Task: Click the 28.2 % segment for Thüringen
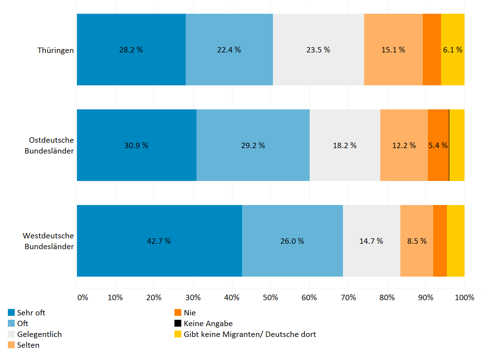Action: coord(131,50)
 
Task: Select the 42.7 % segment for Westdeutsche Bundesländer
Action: coord(159,241)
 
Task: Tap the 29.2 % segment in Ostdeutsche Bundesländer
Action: coord(253,145)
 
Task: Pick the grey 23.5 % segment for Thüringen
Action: coord(318,50)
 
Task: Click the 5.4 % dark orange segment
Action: coord(438,145)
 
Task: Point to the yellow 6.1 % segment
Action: coord(452,50)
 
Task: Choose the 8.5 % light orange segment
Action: coord(416,241)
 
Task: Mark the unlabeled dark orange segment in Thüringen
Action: coord(432,50)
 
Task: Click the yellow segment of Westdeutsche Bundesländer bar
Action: coord(455,241)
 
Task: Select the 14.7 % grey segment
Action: coord(371,241)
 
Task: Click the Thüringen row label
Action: coord(56,50)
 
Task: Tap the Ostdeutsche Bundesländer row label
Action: coord(49,145)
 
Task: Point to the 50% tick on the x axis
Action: coord(270,297)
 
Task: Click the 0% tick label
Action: coord(82,297)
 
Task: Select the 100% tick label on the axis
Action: coord(464,297)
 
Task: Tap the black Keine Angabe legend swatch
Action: coord(178,323)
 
